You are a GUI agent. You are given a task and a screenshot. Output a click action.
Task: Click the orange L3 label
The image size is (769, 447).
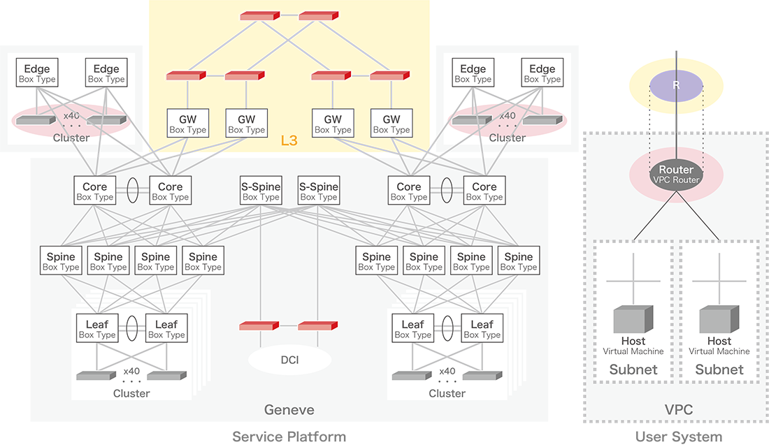tap(289, 141)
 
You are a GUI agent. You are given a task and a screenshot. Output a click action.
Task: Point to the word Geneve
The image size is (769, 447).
tap(289, 409)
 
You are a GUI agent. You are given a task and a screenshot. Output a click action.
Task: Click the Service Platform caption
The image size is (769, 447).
tap(289, 437)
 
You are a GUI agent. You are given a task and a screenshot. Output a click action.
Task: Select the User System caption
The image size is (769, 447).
tap(678, 437)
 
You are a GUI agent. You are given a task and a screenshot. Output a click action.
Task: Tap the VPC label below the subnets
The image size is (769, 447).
tap(678, 409)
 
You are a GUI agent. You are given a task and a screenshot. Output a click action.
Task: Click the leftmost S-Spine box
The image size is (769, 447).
tap(261, 191)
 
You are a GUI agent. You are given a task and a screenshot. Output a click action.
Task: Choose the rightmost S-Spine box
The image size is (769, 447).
tap(318, 191)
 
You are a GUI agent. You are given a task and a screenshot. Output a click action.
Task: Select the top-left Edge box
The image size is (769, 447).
tap(37, 73)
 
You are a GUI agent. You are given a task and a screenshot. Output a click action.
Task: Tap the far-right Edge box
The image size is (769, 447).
tap(542, 73)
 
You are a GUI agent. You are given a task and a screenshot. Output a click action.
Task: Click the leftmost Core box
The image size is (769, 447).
tap(94, 191)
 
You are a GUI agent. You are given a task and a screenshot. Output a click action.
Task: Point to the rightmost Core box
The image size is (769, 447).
tap(484, 191)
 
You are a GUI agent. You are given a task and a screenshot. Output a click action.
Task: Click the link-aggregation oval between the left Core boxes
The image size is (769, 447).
tap(132, 191)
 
